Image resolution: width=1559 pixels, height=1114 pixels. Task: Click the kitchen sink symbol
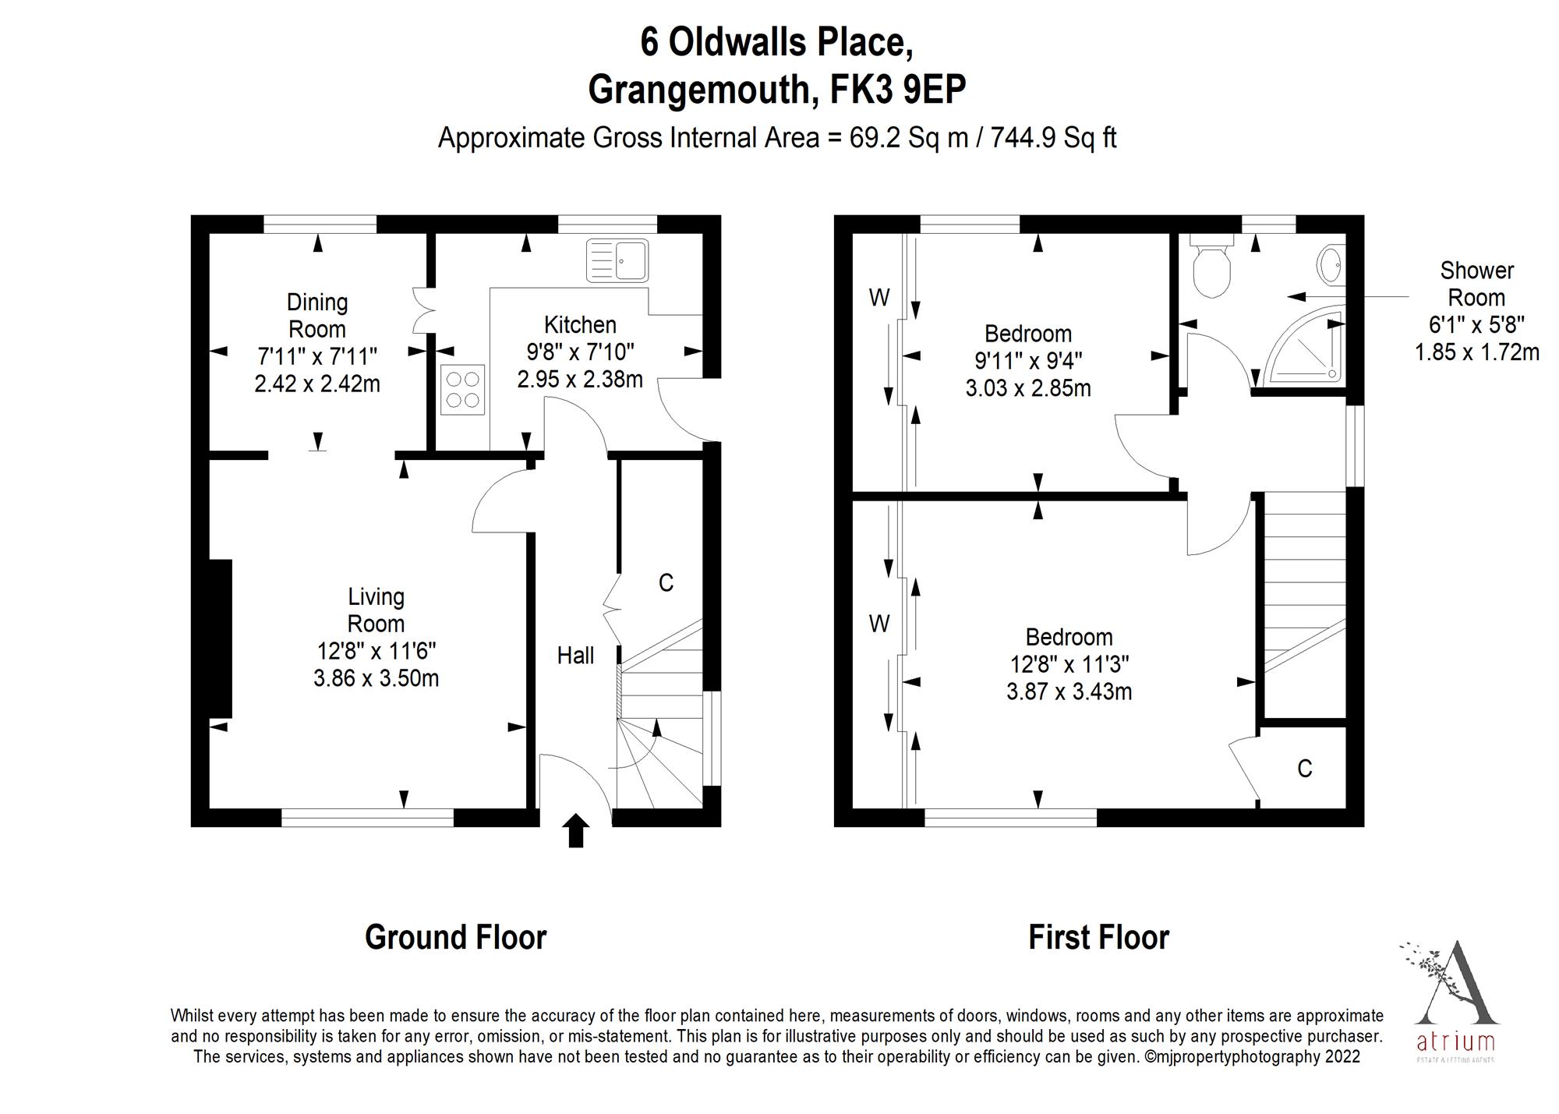pyautogui.click(x=617, y=260)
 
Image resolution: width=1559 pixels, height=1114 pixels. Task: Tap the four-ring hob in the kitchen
pyautogui.click(x=462, y=390)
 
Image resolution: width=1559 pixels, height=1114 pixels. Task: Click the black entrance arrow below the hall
pyautogui.click(x=575, y=830)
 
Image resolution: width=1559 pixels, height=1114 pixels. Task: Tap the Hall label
pyautogui.click(x=575, y=656)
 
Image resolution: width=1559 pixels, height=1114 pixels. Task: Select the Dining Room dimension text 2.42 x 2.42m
pyautogui.click(x=317, y=384)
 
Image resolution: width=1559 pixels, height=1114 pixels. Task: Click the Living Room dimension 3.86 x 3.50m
pyautogui.click(x=376, y=678)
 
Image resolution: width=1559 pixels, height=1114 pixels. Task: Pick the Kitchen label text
pyautogui.click(x=580, y=324)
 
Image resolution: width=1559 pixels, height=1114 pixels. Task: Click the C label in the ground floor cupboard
pyautogui.click(x=666, y=582)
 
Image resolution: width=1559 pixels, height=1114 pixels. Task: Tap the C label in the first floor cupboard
pyautogui.click(x=1304, y=769)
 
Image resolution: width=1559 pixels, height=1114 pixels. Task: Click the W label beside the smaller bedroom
pyautogui.click(x=878, y=297)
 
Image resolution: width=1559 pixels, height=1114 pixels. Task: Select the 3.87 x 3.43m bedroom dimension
pyautogui.click(x=1069, y=691)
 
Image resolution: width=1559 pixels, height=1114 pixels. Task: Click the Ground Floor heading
pyautogui.click(x=455, y=937)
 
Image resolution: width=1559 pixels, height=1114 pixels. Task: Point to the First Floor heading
pyautogui.click(x=1098, y=937)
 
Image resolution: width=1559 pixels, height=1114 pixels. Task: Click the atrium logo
pyautogui.click(x=1455, y=1002)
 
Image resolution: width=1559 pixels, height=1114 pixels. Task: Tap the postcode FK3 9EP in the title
pyautogui.click(x=897, y=90)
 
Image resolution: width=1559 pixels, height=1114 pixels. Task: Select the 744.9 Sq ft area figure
pyautogui.click(x=1055, y=138)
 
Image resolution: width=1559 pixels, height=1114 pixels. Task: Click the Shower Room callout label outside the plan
pyautogui.click(x=1476, y=284)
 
